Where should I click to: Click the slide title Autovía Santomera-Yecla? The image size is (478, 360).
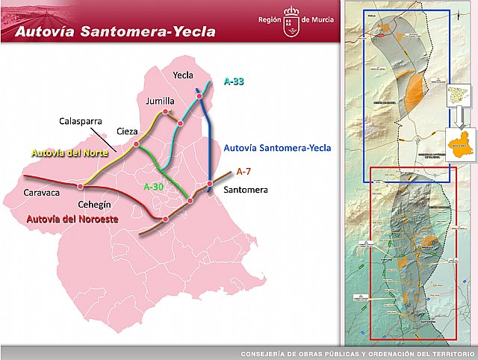click(115, 31)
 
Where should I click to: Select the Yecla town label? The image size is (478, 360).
click(183, 75)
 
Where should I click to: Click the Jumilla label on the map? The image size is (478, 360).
click(160, 101)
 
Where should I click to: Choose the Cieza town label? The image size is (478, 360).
click(126, 131)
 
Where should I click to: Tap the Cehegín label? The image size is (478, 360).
click(94, 203)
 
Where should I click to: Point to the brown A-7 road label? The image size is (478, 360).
click(243, 172)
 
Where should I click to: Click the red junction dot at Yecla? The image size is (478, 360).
click(199, 96)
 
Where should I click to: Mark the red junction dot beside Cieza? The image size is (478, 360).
click(136, 143)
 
